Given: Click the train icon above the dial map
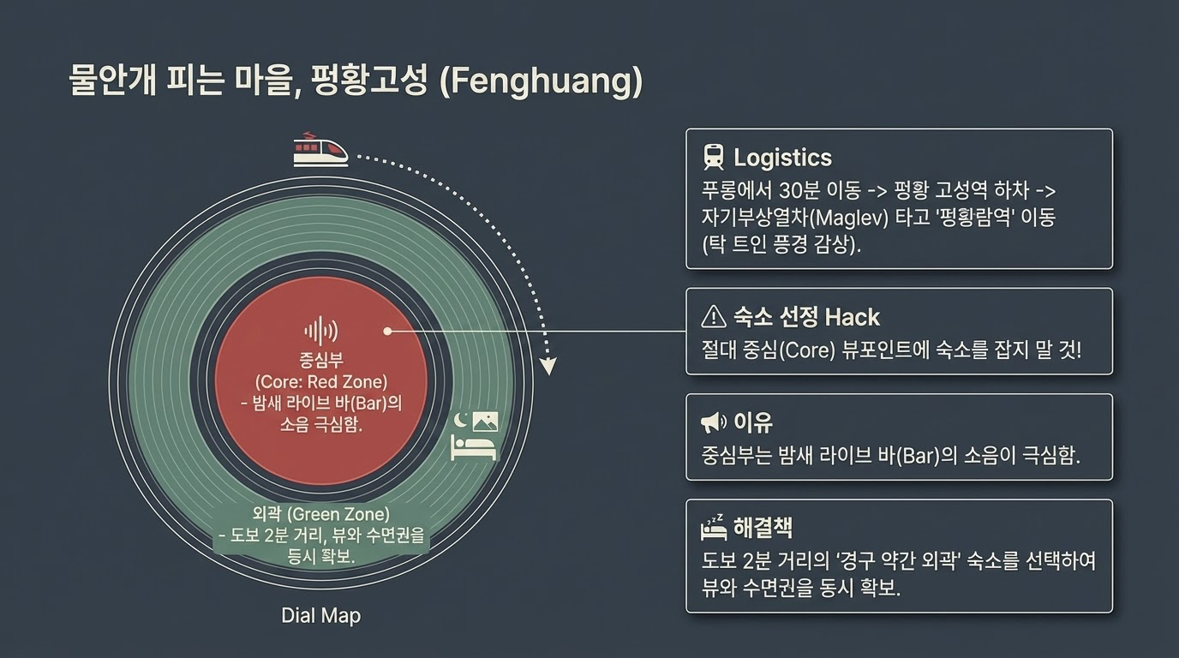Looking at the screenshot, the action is [x=320, y=149].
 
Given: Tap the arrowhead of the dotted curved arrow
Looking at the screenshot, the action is [x=548, y=368].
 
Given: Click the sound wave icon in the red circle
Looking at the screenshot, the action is [x=320, y=331].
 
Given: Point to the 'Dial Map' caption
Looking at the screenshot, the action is [x=320, y=615].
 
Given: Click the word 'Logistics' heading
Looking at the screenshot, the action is [x=782, y=158].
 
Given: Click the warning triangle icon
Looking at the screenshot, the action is [x=713, y=317].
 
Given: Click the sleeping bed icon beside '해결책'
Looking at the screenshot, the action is [x=713, y=527].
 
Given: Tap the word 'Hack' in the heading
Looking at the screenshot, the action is [x=852, y=317].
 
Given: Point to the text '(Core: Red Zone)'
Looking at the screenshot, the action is [x=320, y=381].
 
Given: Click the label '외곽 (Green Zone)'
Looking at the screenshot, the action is [x=320, y=515].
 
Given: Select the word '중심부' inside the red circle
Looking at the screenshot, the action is [x=320, y=360].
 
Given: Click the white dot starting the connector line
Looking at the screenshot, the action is [x=387, y=331].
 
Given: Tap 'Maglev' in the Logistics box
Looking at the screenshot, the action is [x=826, y=217].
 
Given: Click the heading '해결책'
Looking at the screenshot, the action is [x=763, y=527].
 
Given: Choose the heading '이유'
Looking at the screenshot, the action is [x=753, y=422].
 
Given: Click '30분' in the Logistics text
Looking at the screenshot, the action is [x=803, y=190].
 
